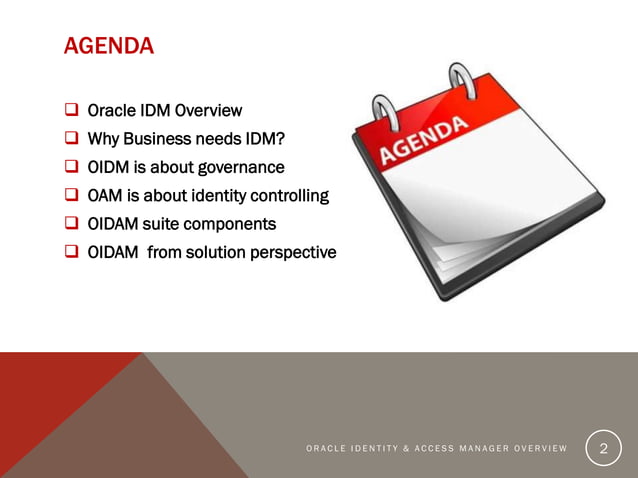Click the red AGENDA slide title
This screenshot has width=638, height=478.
[108, 46]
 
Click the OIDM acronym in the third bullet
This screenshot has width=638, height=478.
[110, 167]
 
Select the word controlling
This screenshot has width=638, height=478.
[287, 195]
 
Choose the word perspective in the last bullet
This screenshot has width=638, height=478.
[291, 252]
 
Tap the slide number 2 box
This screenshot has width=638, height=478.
[602, 449]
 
